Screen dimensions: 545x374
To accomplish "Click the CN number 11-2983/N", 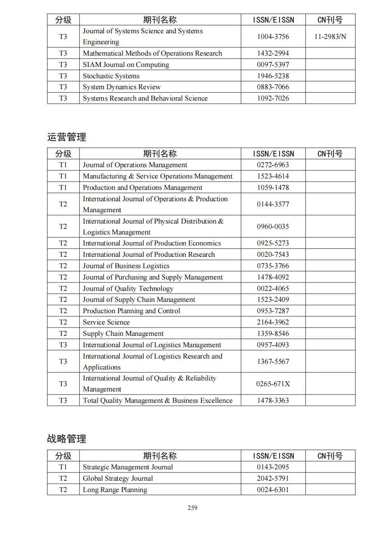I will click(330, 37).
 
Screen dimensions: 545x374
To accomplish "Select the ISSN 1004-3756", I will click(273, 37).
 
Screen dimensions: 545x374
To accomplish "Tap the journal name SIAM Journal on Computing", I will click(126, 65).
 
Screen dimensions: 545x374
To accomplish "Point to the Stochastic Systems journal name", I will click(111, 76).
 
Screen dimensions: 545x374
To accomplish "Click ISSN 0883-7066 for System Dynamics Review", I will click(273, 87).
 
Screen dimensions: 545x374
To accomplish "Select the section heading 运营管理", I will click(67, 137).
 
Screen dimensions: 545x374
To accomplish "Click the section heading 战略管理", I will click(67, 439).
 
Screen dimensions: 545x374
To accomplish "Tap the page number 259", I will click(192, 508).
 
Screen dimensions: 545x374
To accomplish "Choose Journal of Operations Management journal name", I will click(135, 165).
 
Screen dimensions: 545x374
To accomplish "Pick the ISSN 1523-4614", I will click(273, 176).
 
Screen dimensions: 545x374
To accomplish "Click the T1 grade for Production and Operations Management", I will click(63, 188).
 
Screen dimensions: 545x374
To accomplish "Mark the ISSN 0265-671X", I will click(273, 384).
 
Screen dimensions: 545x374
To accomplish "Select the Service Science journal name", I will click(106, 322).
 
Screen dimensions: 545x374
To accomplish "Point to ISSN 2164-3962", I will click(273, 322).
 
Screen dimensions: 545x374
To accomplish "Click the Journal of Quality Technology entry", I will click(128, 289).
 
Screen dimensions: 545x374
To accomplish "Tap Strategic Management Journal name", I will click(128, 467).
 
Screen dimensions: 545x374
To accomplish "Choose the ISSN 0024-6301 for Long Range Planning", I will click(273, 490).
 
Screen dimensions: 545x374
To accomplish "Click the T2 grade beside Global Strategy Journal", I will click(63, 478).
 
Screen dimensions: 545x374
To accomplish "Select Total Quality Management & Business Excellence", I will click(157, 401).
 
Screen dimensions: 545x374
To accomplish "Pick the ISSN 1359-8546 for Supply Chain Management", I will click(273, 334).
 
